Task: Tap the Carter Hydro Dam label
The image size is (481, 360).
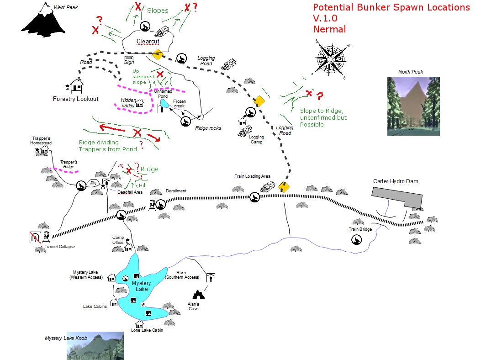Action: click(395, 181)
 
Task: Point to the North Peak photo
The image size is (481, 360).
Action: click(413, 106)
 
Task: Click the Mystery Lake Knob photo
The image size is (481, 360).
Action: click(95, 345)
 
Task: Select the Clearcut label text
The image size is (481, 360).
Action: click(148, 42)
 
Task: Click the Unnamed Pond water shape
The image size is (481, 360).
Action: click(163, 104)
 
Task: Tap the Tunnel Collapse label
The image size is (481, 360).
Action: click(60, 247)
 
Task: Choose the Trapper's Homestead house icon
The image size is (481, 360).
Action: click(44, 149)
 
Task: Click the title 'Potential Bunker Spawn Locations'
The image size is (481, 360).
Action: click(391, 8)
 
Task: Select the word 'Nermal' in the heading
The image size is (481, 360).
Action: click(329, 29)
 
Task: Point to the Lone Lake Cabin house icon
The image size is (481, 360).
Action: click(139, 323)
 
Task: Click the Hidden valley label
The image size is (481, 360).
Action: click(127, 103)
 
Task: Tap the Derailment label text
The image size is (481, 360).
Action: click(176, 191)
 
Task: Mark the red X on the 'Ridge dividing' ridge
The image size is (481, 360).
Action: click(137, 133)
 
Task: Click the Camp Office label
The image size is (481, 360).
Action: click(118, 240)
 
